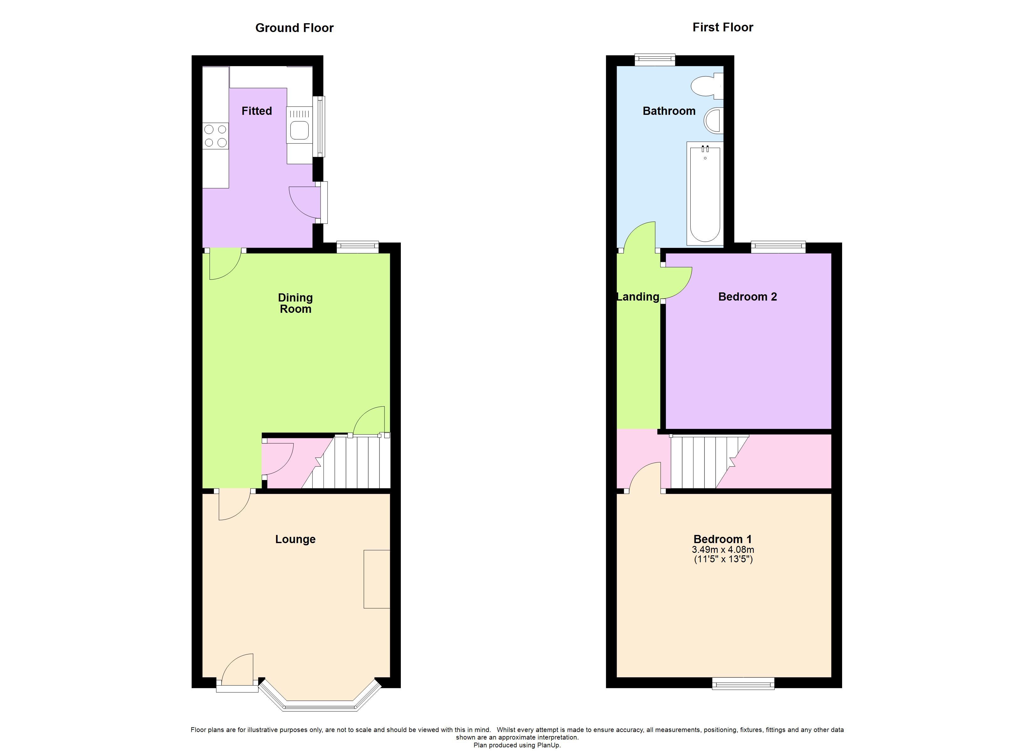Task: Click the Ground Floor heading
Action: (294, 28)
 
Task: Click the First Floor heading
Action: (723, 27)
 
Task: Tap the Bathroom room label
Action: (669, 111)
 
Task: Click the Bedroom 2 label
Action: (747, 297)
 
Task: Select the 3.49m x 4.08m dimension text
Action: (723, 550)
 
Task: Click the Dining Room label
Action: (295, 303)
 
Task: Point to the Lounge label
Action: (295, 539)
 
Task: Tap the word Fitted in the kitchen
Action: (257, 111)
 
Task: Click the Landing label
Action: (638, 297)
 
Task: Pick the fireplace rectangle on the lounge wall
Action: (377, 579)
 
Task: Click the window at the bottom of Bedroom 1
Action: (743, 684)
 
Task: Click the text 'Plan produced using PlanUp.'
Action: (517, 745)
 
